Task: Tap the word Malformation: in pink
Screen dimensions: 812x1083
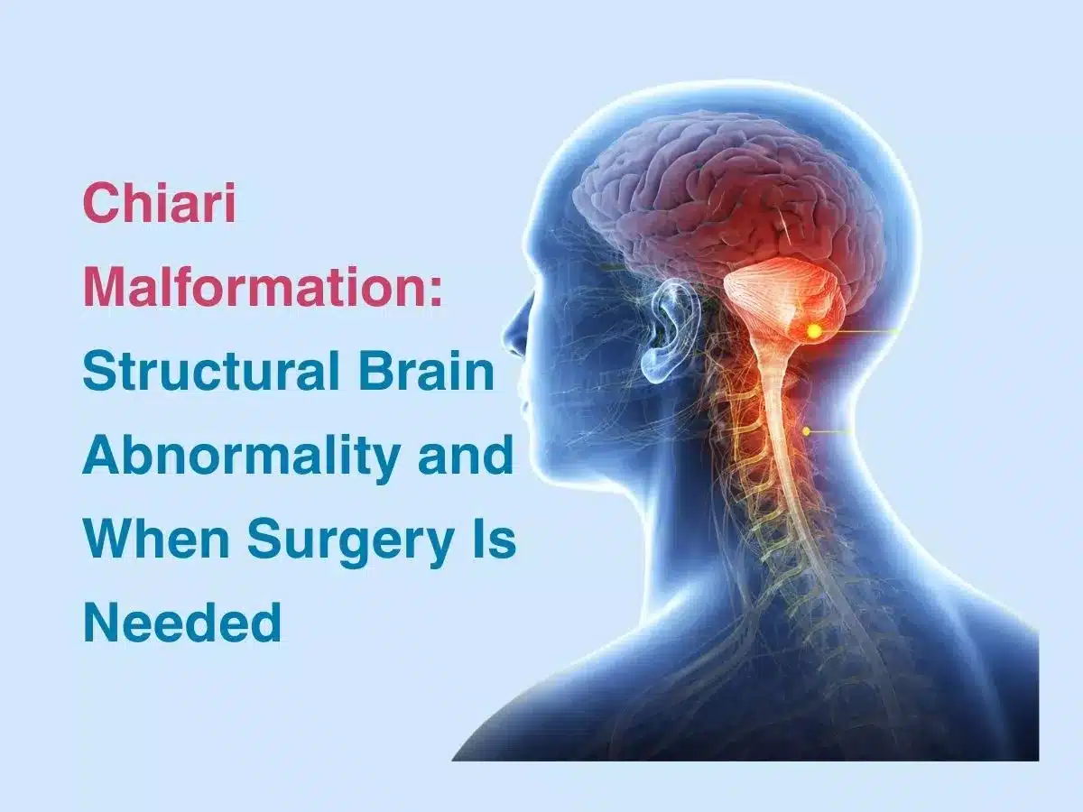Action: click(263, 289)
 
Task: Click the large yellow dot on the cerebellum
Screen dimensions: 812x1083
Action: click(814, 332)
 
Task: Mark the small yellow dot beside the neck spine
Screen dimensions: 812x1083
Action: click(807, 431)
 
